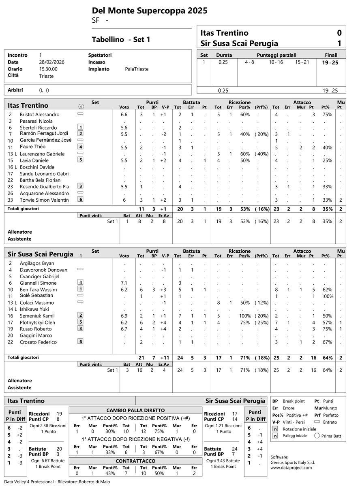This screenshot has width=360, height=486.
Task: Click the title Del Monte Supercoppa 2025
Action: click(x=150, y=11)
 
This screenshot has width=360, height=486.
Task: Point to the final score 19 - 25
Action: click(x=331, y=62)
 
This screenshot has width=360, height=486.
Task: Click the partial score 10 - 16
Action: click(x=276, y=62)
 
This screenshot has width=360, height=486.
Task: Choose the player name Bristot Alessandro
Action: click(x=39, y=115)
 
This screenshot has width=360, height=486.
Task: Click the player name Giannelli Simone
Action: click(x=39, y=283)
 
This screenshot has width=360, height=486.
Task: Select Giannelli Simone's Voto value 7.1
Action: click(x=124, y=283)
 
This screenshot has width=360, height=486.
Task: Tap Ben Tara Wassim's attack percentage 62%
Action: click(x=325, y=290)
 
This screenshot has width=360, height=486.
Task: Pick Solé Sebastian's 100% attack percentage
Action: click(x=325, y=296)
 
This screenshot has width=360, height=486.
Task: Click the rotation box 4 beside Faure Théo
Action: click(x=81, y=147)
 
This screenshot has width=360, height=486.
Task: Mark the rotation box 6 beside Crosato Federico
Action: click(x=81, y=342)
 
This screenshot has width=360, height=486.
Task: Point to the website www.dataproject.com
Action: click(x=291, y=467)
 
